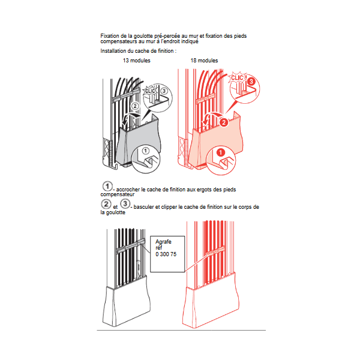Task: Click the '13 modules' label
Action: (x=137, y=61)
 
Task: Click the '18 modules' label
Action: (x=204, y=61)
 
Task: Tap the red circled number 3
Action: (x=251, y=81)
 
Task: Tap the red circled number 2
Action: (x=224, y=122)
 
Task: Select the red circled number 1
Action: (x=221, y=152)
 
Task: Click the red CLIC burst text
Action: (x=237, y=78)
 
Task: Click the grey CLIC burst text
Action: (x=150, y=91)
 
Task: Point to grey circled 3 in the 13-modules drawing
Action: (x=164, y=91)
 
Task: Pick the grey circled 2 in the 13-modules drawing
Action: (x=135, y=106)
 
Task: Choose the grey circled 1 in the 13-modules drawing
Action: (x=146, y=151)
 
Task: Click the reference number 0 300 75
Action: (x=166, y=254)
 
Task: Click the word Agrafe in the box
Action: (x=163, y=242)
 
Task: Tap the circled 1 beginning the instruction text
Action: (x=107, y=186)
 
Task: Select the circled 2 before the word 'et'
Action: (x=106, y=204)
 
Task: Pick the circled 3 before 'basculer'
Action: (x=125, y=203)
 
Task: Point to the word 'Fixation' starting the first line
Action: (x=110, y=36)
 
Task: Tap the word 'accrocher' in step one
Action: (x=128, y=190)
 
